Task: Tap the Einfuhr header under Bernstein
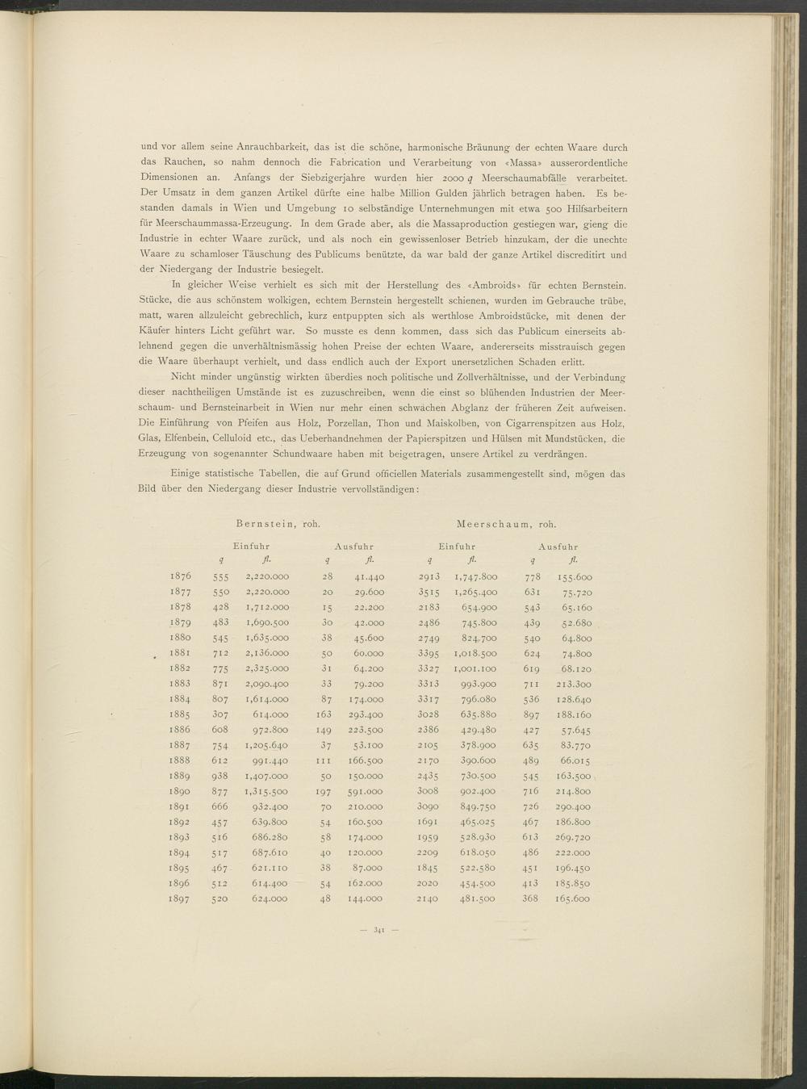pos(252,547)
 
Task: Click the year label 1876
pos(181,577)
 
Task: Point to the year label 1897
pos(181,898)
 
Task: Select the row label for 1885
pos(181,714)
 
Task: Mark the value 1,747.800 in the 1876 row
pos(476,577)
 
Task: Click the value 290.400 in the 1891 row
pos(573,806)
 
